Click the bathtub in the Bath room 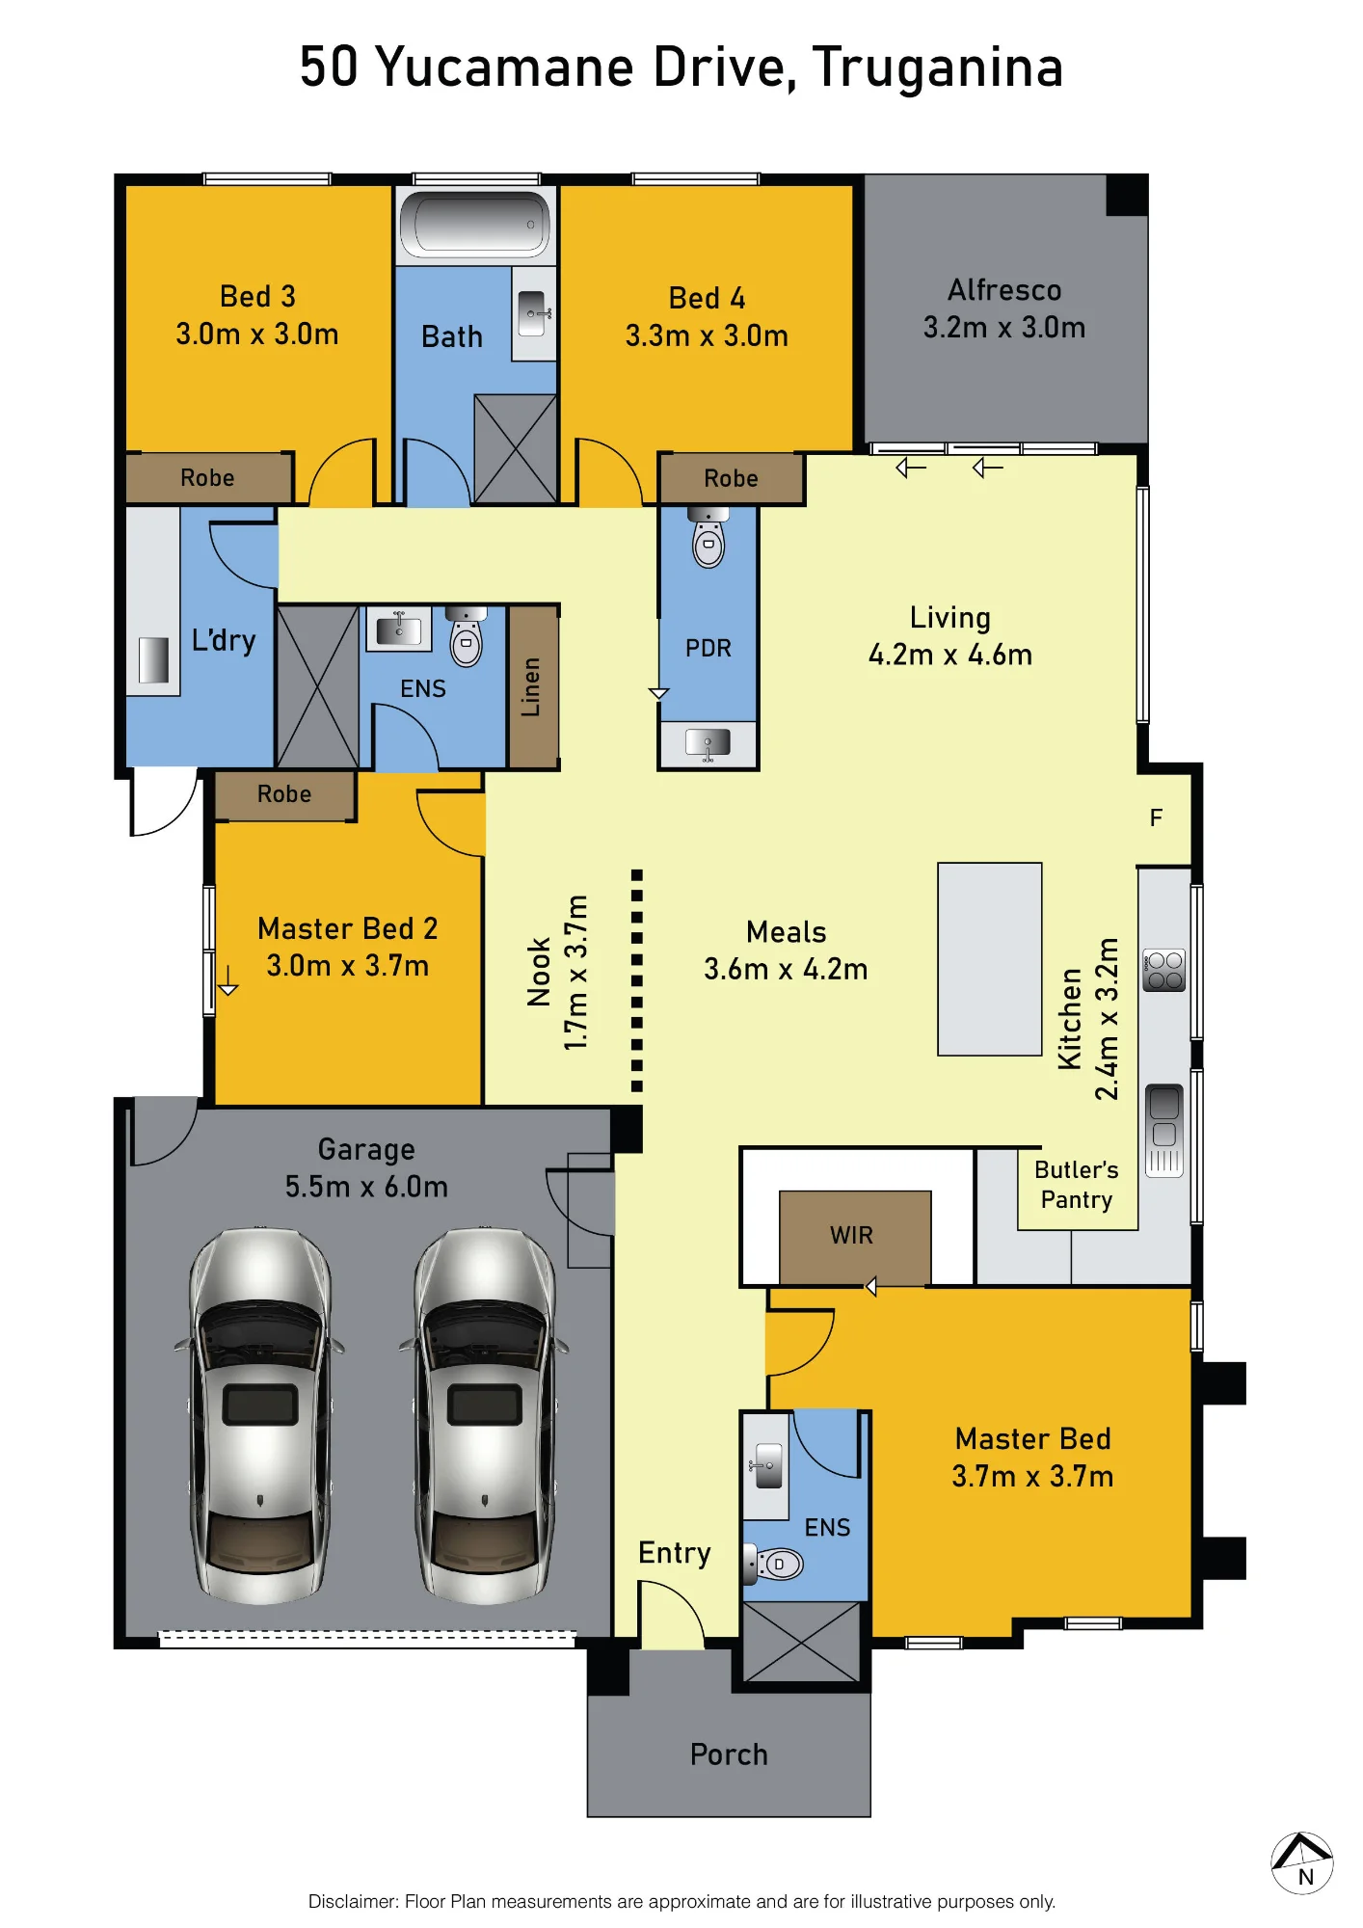(474, 225)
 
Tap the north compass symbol (1302, 1862)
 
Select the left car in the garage (259, 1414)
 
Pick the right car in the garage (484, 1414)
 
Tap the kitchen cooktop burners (1163, 971)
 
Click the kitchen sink (1164, 1130)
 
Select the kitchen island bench (990, 959)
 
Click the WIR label (851, 1236)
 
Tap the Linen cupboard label (531, 687)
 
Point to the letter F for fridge (1157, 818)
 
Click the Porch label (729, 1754)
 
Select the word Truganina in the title (938, 67)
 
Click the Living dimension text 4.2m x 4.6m (950, 656)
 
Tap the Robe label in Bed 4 (731, 479)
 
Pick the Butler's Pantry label (1077, 1185)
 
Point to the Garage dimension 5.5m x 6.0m (366, 1187)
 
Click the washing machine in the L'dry (153, 660)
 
